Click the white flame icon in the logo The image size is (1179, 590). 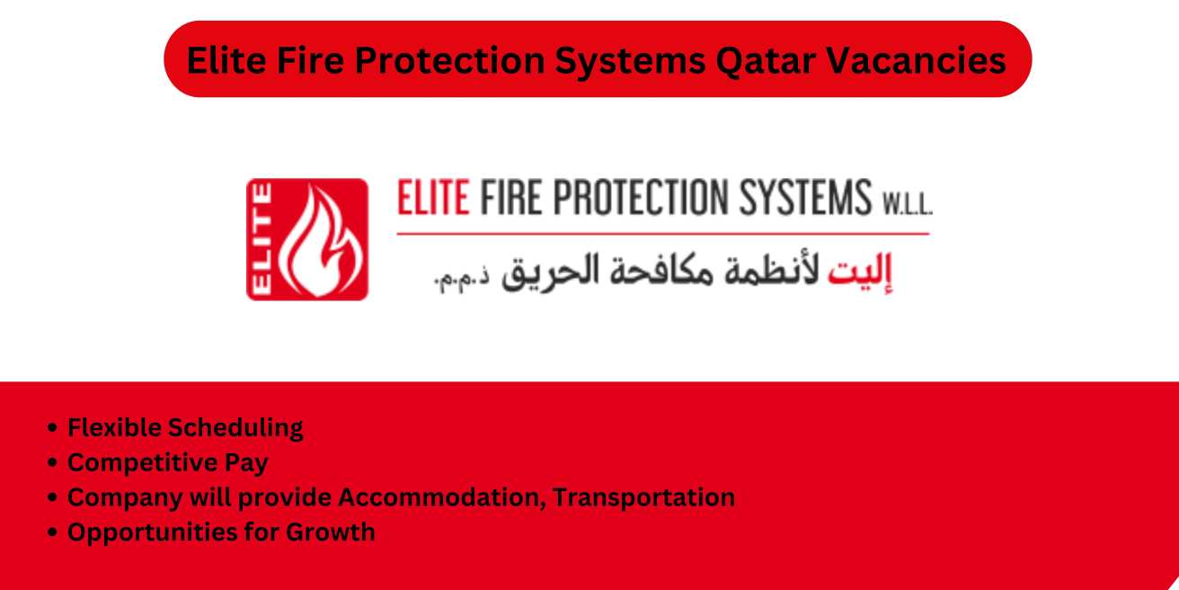(321, 240)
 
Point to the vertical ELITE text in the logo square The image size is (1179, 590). (263, 239)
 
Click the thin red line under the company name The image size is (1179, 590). (663, 234)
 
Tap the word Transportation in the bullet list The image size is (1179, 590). (643, 497)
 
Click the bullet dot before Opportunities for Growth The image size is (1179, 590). (55, 532)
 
